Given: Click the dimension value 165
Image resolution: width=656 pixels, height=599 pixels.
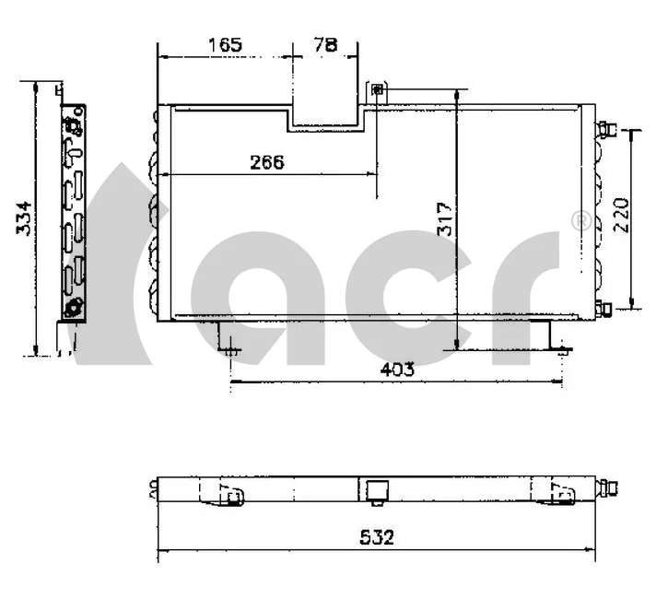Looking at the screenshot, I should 224,44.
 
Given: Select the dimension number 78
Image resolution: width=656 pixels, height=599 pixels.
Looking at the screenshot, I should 324,43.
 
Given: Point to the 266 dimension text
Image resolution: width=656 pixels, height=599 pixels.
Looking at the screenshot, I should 267,161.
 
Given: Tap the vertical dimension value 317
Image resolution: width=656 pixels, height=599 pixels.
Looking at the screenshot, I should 446,218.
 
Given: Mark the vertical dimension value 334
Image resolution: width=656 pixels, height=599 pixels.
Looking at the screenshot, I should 25,217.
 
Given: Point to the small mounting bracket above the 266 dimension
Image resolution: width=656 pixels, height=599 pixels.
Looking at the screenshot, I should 378,89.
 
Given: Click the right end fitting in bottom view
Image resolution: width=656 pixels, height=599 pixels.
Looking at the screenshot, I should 607,487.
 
